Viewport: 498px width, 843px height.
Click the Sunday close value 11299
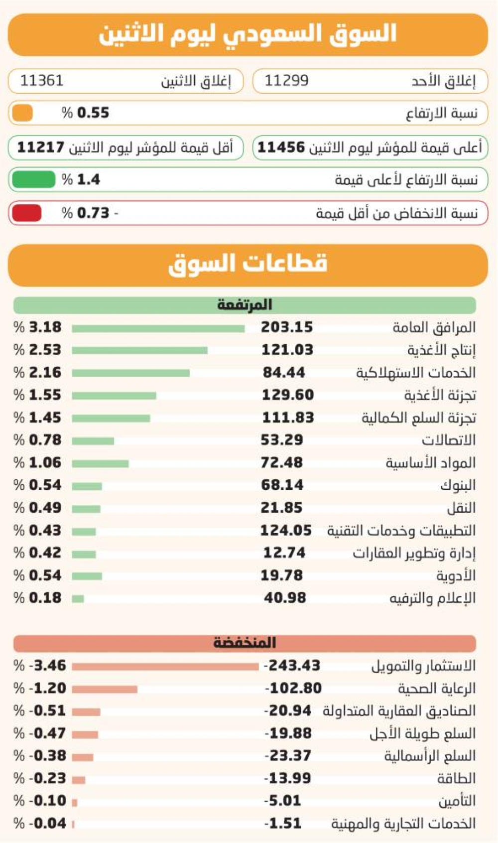[x=287, y=81]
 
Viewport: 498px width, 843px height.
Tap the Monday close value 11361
[x=42, y=81]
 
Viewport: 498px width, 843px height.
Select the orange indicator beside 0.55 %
[x=22, y=113]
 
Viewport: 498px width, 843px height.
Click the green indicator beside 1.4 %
[x=34, y=179]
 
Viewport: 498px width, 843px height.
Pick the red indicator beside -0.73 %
[x=27, y=213]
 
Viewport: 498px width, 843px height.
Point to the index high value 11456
[x=281, y=147]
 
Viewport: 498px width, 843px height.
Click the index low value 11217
[x=41, y=147]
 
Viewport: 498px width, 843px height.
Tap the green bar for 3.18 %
[x=158, y=328]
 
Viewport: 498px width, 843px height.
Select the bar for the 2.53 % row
[x=139, y=350]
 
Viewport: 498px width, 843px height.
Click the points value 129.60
[x=288, y=395]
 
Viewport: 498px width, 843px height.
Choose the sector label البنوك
[x=458, y=485]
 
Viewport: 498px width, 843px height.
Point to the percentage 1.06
[x=45, y=462]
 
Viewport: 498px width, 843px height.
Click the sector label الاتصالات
[x=448, y=440]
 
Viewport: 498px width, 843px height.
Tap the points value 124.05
[x=286, y=530]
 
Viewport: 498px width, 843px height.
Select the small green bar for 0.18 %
[x=78, y=599]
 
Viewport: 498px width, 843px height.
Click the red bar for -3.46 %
[x=165, y=667]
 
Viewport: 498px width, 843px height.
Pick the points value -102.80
[x=293, y=688]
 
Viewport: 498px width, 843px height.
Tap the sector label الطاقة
[x=456, y=778]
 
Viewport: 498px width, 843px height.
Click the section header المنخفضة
[x=245, y=642]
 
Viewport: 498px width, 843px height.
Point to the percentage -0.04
[x=47, y=823]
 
